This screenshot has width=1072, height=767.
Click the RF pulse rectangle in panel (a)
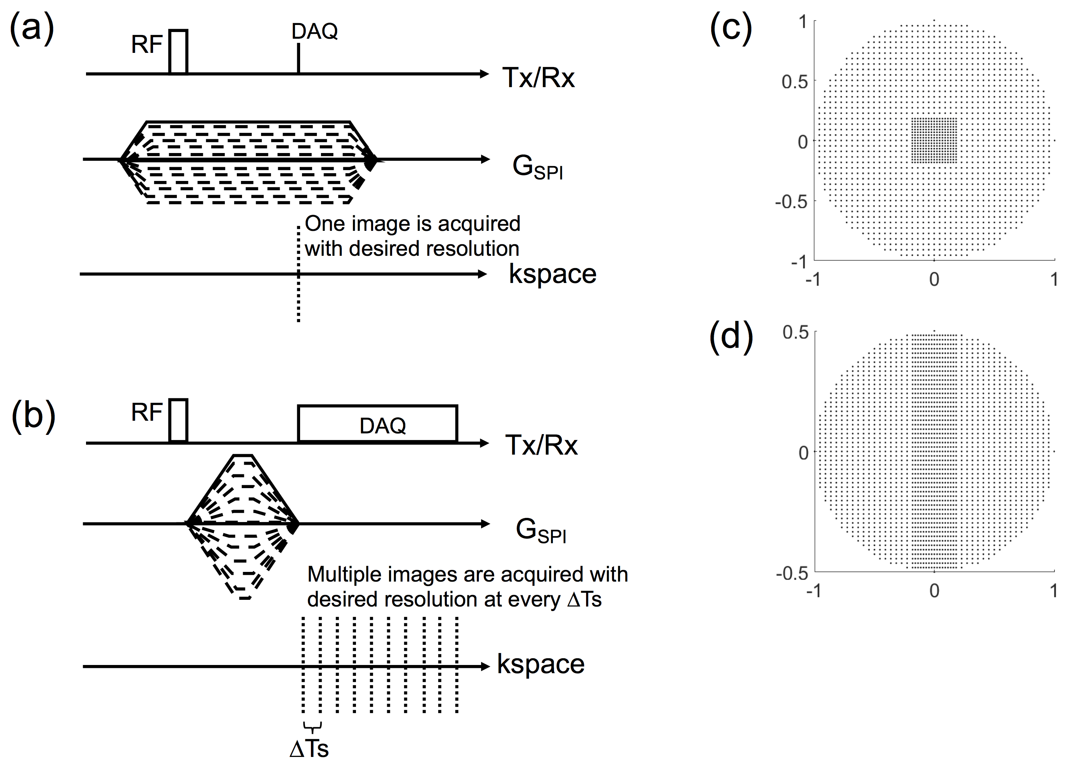point(178,52)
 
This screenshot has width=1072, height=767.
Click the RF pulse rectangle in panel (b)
point(178,420)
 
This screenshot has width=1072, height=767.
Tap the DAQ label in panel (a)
point(315,32)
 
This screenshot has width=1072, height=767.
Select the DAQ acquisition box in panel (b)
point(377,424)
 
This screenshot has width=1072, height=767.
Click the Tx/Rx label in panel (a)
point(538,77)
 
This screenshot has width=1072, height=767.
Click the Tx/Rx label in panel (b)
point(541,445)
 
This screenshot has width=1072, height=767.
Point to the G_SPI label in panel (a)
point(537,167)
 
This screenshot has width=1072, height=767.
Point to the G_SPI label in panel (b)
point(540,530)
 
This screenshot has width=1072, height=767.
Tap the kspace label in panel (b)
point(541,664)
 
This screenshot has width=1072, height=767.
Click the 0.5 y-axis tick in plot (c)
point(795,82)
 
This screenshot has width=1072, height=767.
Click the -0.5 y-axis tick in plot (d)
point(792,573)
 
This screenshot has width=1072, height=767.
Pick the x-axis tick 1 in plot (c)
point(1054,280)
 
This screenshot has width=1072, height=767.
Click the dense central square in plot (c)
point(933,140)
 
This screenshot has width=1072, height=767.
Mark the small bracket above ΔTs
point(312,726)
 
